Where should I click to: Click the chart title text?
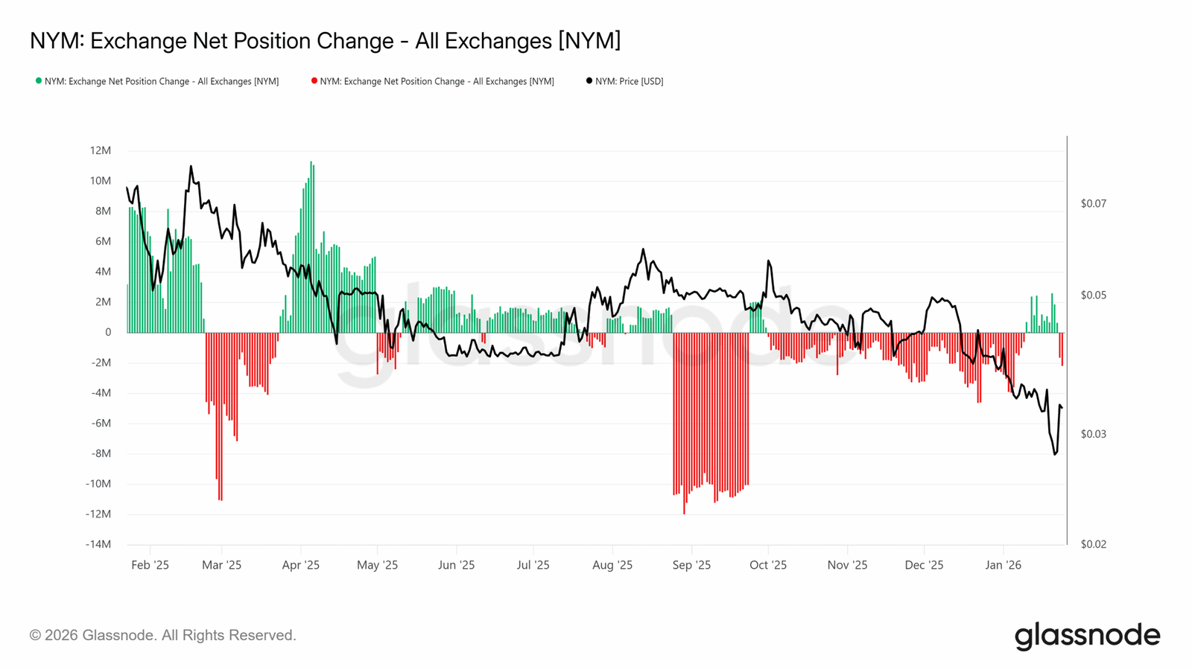coord(325,40)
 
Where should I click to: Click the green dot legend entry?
coord(158,81)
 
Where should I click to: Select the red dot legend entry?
coord(433,81)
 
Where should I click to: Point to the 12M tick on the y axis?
coord(100,150)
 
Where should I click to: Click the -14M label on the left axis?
coord(98,544)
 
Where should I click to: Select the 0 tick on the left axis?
coord(107,332)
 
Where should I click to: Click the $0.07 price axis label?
coord(1093,203)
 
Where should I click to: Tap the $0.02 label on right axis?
coord(1093,544)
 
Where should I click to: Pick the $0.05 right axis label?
coord(1093,296)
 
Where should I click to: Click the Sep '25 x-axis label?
coord(691,565)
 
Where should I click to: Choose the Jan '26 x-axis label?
coord(1003,565)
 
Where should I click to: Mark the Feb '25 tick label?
coord(150,565)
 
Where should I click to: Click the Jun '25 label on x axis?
coord(456,565)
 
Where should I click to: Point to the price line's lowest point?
coord(1055,453)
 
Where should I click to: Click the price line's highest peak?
coord(191,167)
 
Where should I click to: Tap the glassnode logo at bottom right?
coord(1087,636)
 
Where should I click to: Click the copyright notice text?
coord(162,635)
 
